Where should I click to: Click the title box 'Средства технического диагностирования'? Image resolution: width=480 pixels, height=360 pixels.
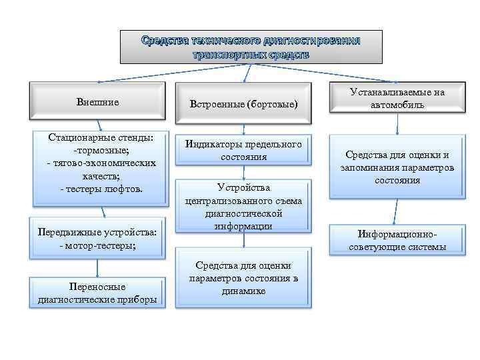251,47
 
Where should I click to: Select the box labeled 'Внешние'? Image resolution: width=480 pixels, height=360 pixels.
97,102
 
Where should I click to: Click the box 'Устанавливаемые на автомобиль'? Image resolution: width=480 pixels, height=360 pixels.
397,99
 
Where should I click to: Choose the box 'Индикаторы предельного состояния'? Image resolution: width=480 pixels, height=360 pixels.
243,151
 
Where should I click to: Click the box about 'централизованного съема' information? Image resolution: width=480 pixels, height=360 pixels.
243,206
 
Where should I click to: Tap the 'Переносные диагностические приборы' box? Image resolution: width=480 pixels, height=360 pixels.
97,293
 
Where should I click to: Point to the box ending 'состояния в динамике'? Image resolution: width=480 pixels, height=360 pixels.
244,278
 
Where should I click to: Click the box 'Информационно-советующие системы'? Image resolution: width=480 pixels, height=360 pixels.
397,241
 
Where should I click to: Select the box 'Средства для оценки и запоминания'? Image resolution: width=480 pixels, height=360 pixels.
397,167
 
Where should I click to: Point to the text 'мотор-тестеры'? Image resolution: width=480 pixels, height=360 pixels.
101,245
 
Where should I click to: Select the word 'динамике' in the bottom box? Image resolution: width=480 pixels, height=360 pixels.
244,291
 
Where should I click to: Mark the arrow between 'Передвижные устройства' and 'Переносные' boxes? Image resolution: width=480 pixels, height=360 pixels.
98,266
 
